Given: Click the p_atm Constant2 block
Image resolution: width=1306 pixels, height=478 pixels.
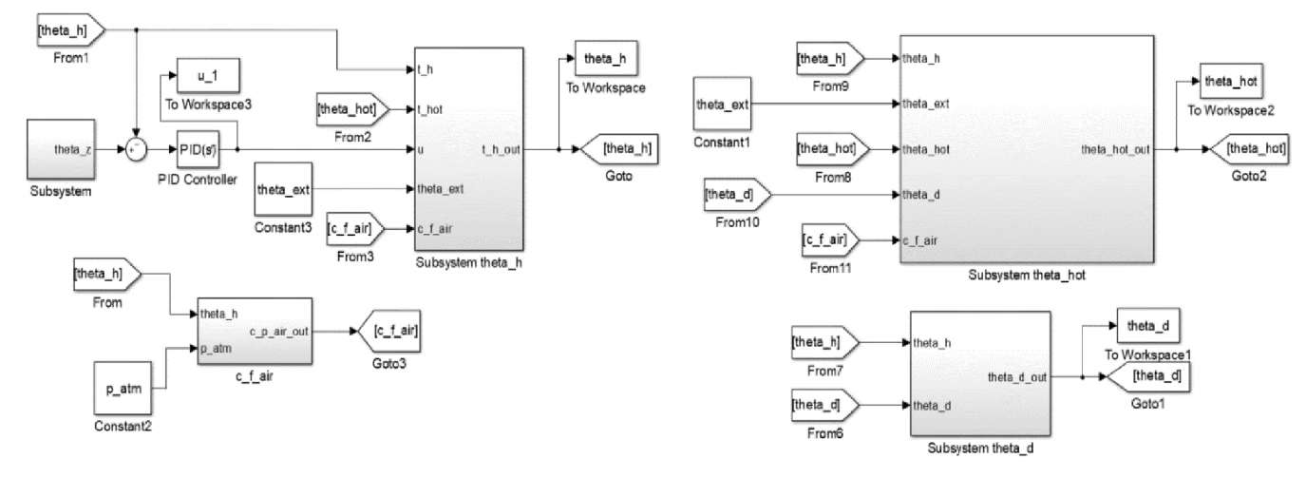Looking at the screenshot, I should click(x=123, y=390).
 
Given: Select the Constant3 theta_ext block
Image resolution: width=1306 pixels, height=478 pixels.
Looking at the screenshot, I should click(x=282, y=190).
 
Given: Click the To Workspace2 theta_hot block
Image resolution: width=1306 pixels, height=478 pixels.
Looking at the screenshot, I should click(x=1231, y=83).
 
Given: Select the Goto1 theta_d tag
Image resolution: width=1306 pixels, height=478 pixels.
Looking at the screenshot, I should click(x=1146, y=377).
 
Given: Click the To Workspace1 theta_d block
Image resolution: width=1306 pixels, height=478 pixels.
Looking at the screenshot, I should click(x=1147, y=327).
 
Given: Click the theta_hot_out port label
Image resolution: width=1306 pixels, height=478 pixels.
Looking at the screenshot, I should click(x=1115, y=150).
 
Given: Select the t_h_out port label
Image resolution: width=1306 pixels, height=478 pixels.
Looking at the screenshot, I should click(x=500, y=149).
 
